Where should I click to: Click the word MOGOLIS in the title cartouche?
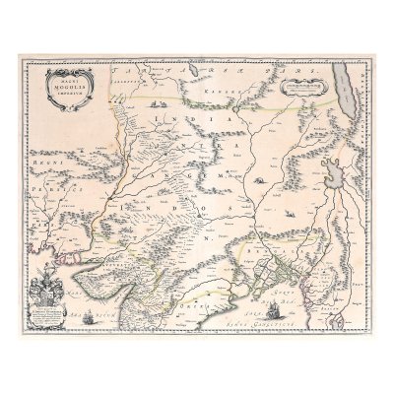63,87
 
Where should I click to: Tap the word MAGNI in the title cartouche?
63,80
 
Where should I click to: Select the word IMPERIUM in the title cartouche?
63,95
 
